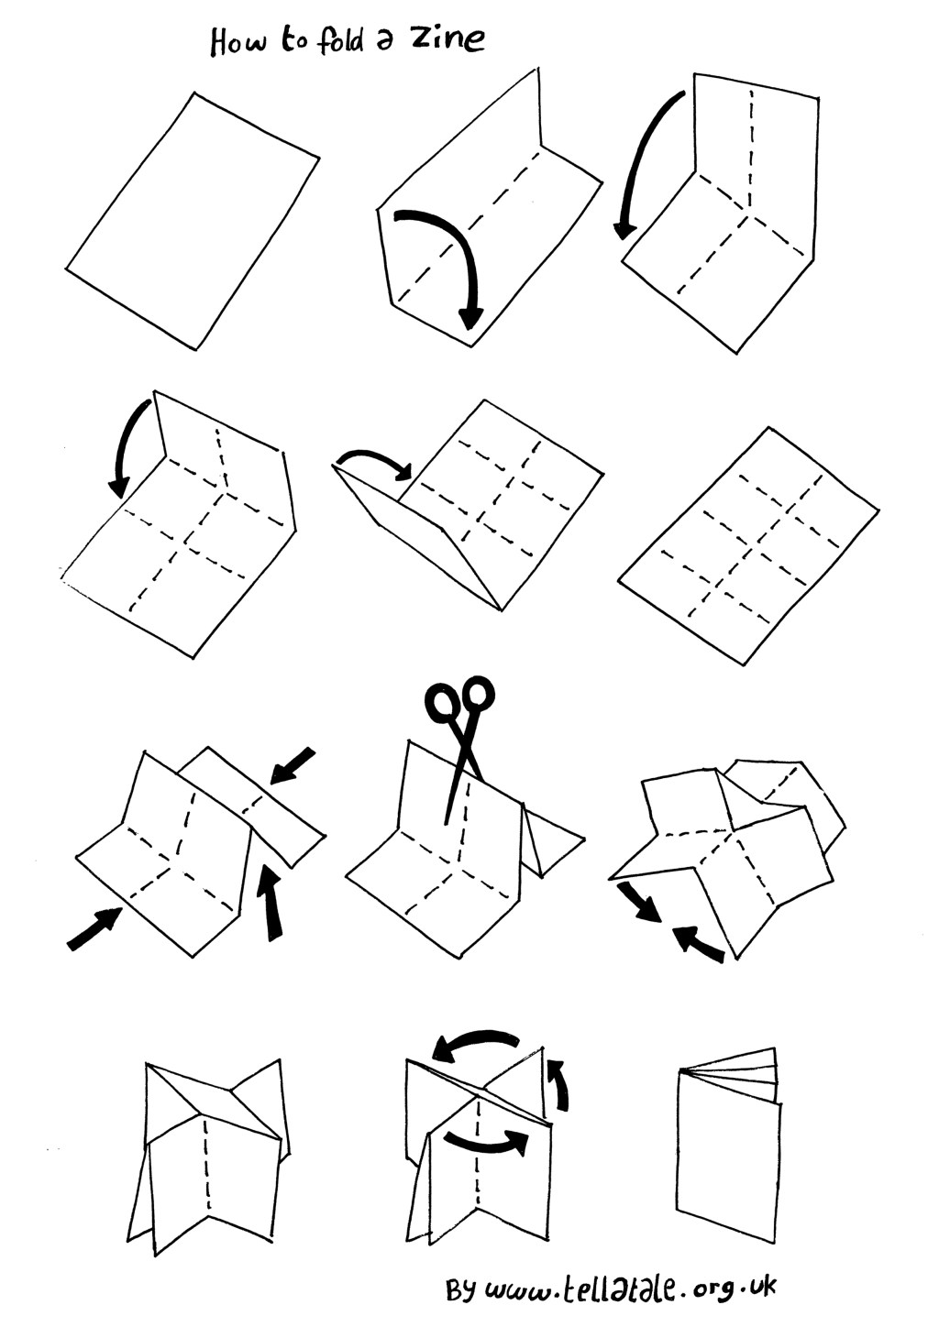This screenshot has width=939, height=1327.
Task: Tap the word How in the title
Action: click(x=238, y=41)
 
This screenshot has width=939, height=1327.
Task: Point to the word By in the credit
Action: click(x=460, y=1289)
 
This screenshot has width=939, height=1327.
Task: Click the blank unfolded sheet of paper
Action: click(x=193, y=220)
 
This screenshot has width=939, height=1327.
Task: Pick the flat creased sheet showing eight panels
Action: click(x=749, y=545)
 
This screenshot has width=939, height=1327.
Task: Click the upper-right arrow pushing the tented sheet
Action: click(x=293, y=766)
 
